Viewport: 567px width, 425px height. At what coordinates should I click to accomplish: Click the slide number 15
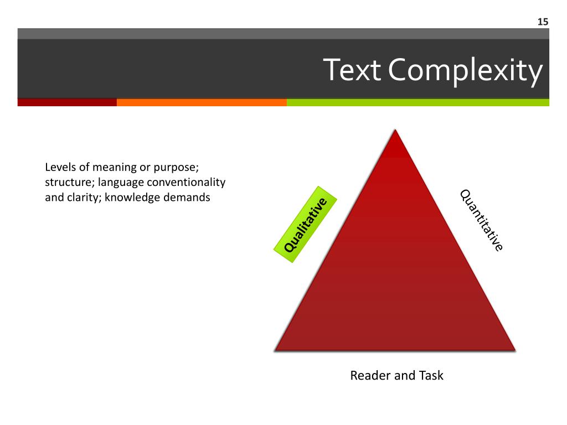point(542,22)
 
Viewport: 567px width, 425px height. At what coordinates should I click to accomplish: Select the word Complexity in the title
point(465,71)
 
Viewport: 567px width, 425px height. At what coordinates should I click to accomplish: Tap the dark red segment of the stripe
point(67,102)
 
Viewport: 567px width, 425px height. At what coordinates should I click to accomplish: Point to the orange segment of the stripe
point(202,102)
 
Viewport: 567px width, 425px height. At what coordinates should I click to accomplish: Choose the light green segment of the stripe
point(417,102)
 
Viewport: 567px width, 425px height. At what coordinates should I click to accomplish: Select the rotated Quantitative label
point(481,220)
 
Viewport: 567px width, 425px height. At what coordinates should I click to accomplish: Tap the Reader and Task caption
point(396,376)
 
